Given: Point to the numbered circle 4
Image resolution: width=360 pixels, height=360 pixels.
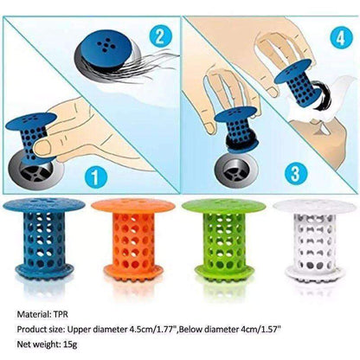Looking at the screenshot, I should [x=336, y=39].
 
